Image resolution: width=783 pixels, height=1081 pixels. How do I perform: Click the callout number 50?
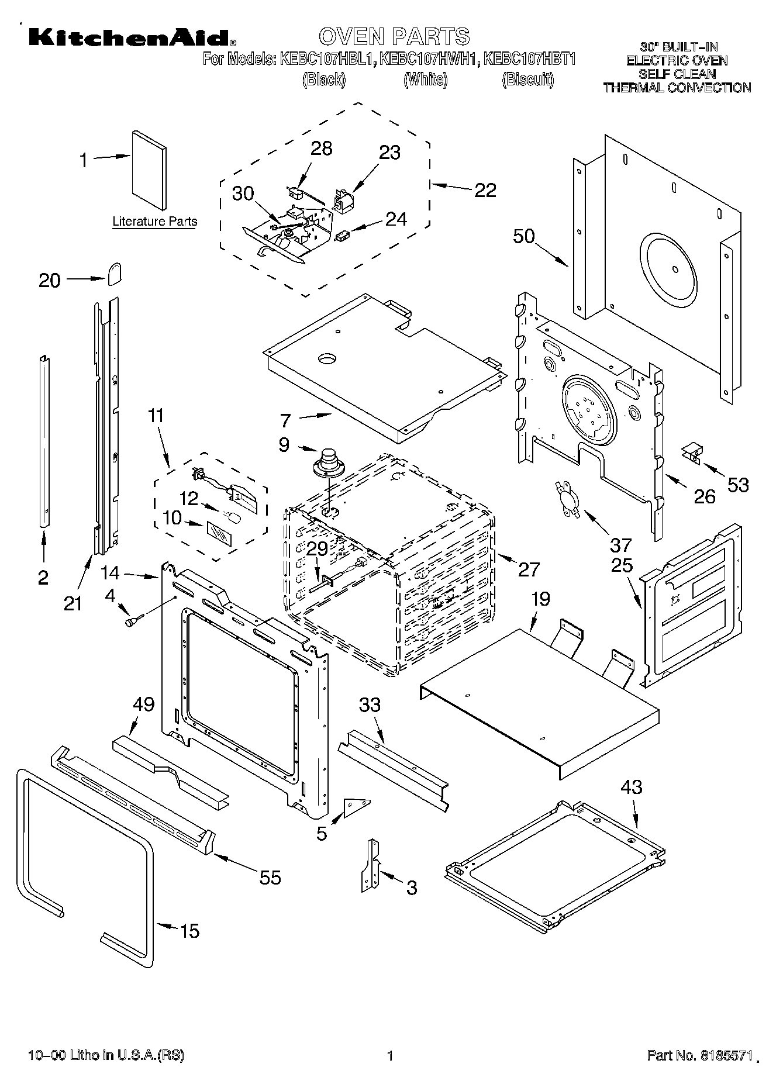[x=524, y=237]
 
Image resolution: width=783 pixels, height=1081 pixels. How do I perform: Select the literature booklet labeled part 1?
[x=149, y=170]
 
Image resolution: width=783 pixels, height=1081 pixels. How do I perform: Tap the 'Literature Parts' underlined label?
[x=154, y=222]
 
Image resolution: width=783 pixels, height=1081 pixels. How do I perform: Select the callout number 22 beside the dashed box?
[x=485, y=191]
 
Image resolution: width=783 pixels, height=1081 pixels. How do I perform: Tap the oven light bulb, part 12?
[x=233, y=517]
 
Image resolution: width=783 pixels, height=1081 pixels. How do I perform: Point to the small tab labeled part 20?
[x=115, y=272]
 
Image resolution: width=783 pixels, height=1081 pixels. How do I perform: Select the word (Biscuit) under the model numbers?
[x=528, y=80]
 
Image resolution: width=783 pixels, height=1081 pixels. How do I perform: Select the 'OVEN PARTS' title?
[x=394, y=36]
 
